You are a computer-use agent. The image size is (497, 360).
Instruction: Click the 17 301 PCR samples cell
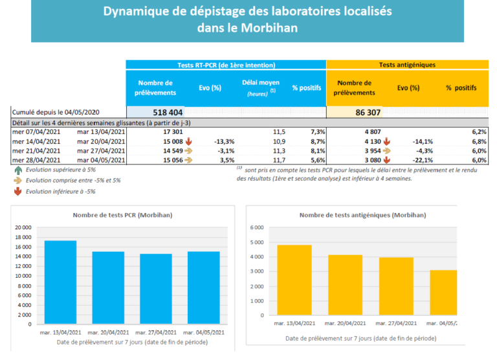coord(170,131)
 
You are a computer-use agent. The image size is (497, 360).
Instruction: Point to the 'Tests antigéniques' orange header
coord(406,65)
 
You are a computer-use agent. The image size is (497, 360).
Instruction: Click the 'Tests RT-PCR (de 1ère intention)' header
coord(226,65)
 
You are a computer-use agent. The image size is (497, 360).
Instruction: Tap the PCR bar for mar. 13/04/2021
coord(60,282)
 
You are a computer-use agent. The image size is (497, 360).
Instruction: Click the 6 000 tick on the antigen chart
coord(257,228)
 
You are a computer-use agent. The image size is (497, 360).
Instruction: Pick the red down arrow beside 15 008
coord(189,141)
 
